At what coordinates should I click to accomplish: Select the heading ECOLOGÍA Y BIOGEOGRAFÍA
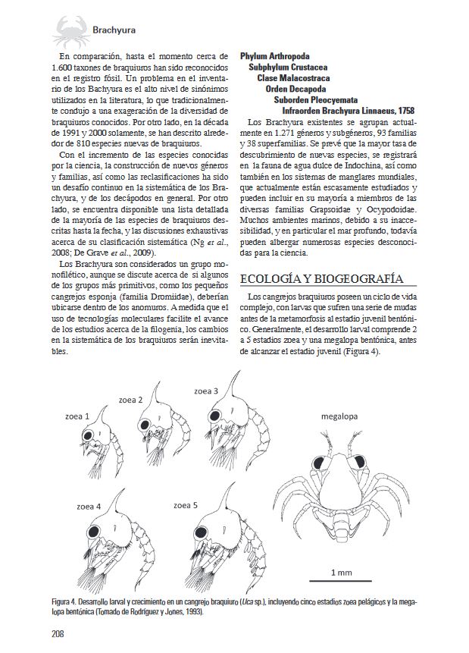click(320, 278)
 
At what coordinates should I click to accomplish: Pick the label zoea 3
click(206, 391)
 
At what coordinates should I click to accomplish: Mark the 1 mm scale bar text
click(343, 571)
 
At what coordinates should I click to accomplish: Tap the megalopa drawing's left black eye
click(316, 461)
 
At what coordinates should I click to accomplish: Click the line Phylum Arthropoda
click(274, 56)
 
